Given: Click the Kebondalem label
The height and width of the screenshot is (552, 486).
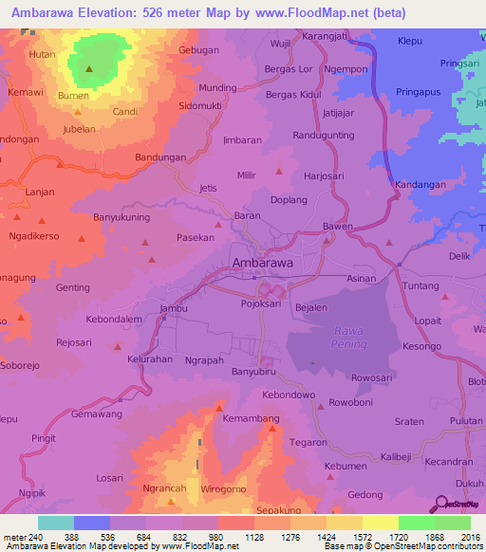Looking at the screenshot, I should pos(114,320).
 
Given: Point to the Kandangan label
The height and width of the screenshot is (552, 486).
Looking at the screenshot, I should pos(421,184).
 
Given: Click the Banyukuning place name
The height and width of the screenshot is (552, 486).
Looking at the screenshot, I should pos(121,217).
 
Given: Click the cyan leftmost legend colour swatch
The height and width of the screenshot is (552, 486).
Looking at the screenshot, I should pos(55,523).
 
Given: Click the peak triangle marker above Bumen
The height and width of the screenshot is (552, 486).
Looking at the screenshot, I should pos(89,69).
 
